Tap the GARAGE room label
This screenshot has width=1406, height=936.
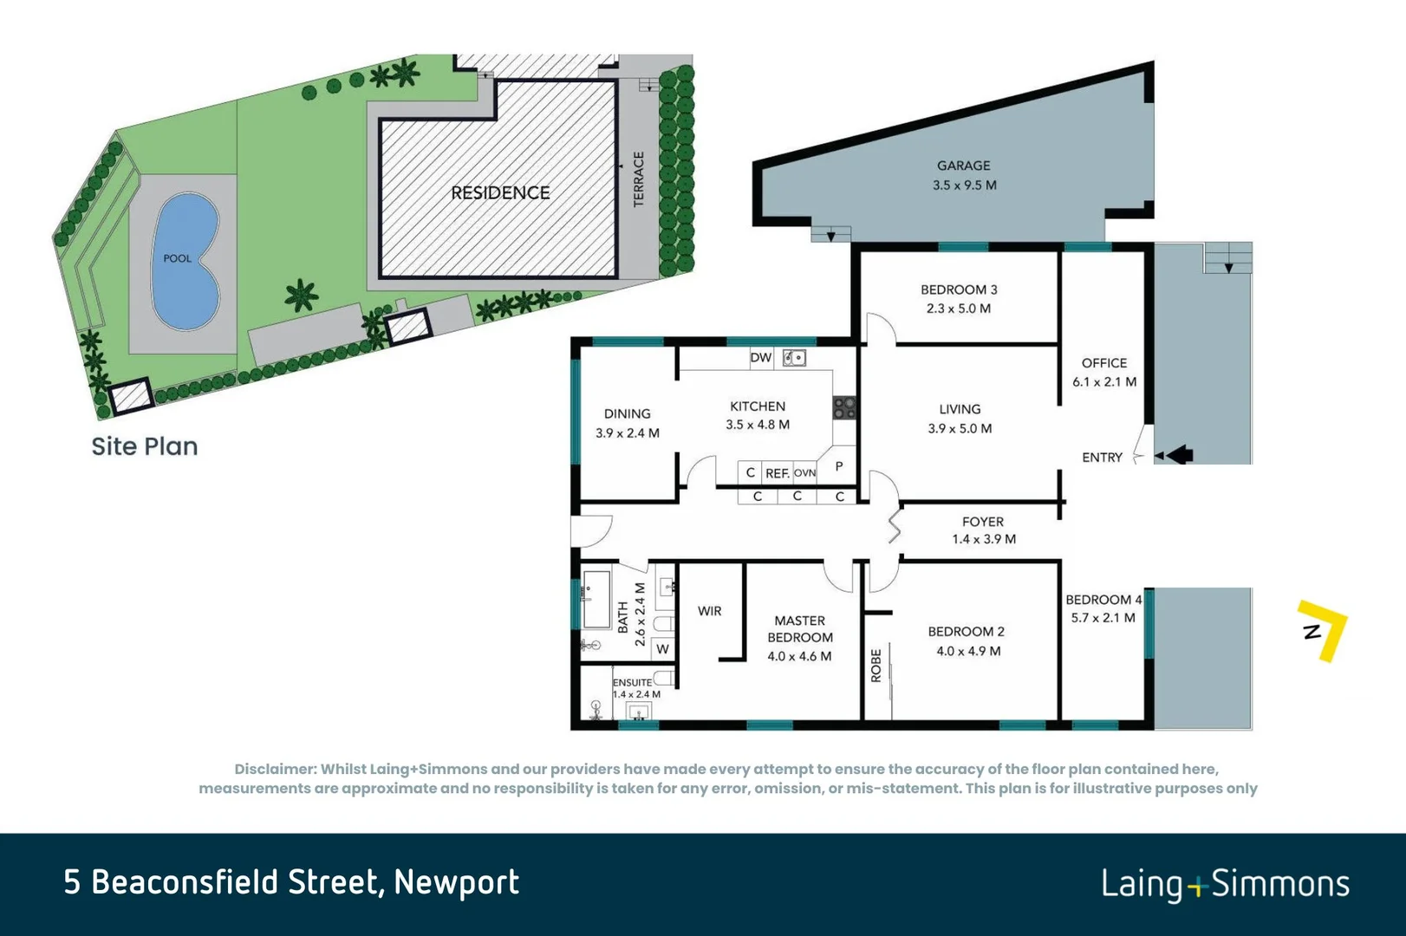click(963, 166)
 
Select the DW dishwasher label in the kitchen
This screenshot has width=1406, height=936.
click(760, 358)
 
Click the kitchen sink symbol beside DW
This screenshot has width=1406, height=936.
click(794, 358)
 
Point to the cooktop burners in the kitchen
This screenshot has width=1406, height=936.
click(845, 407)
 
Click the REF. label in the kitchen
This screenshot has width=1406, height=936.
click(777, 473)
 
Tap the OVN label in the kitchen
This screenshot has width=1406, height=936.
click(804, 473)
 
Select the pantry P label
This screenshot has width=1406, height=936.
click(839, 466)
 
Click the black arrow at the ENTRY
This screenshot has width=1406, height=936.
click(1179, 454)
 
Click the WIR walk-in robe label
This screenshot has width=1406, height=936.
click(709, 611)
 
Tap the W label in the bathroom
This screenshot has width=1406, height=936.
click(663, 648)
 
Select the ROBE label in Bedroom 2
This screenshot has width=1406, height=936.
click(875, 666)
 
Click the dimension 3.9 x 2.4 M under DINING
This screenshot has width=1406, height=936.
click(627, 432)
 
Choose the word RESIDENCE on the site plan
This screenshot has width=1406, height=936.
click(500, 192)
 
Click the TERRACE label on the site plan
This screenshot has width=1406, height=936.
click(639, 179)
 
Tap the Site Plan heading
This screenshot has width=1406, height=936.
click(145, 446)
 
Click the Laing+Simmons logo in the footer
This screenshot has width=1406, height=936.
click(1225, 884)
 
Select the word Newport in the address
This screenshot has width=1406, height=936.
click(456, 882)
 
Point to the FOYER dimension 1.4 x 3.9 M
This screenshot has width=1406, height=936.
click(983, 539)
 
